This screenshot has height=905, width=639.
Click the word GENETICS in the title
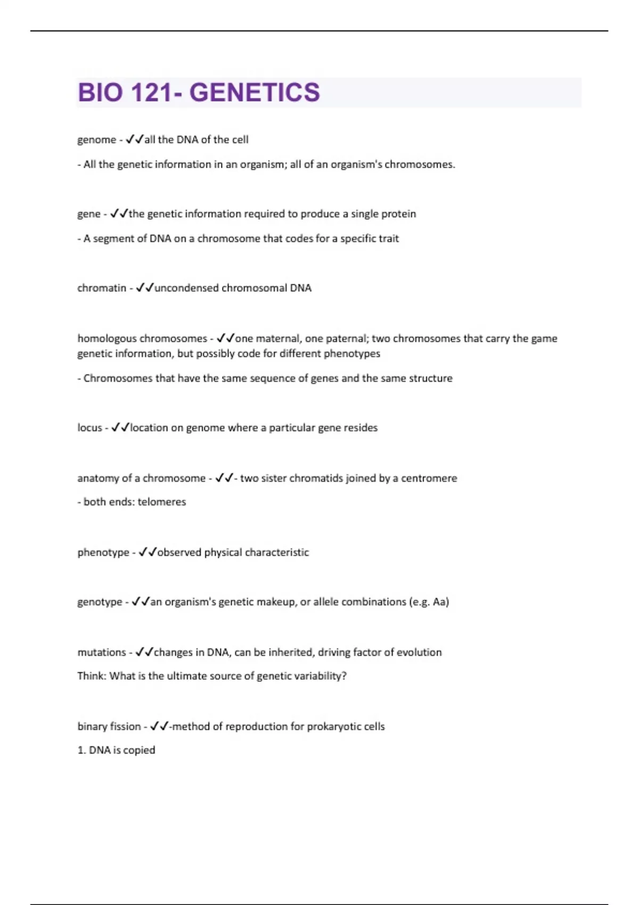click(x=255, y=93)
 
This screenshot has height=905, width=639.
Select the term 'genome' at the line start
click(x=96, y=140)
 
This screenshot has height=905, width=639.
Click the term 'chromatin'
click(x=102, y=288)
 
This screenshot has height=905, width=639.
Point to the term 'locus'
click(x=89, y=428)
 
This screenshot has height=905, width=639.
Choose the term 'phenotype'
click(x=103, y=553)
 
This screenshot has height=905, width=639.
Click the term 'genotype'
click(x=100, y=602)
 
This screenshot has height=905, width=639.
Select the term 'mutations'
click(x=102, y=653)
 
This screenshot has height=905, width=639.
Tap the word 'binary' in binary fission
click(x=92, y=727)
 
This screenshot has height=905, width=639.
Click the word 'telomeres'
click(x=162, y=502)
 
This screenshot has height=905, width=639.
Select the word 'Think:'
click(x=92, y=676)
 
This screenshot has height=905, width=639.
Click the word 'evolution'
click(x=419, y=653)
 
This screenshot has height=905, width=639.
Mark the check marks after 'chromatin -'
click(x=144, y=288)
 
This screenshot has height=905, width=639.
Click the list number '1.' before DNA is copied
click(x=81, y=750)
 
